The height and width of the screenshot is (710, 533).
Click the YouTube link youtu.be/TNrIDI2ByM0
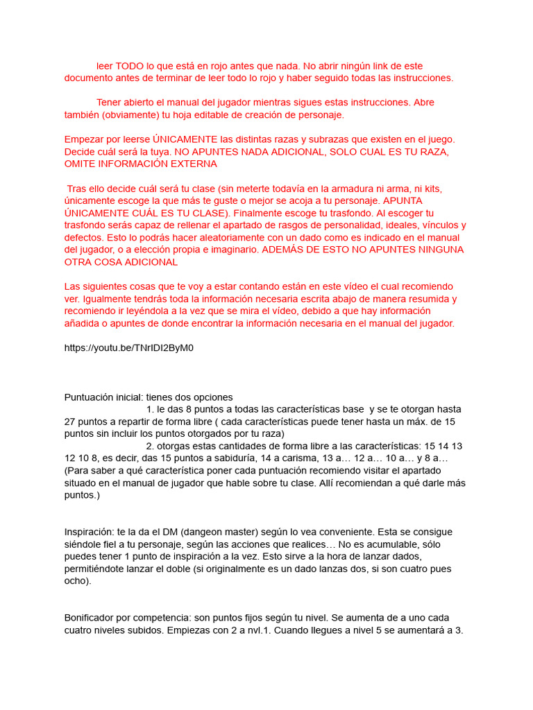point(129,348)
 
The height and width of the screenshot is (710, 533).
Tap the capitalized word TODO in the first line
point(130,65)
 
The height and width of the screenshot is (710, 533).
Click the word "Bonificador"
point(93,618)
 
